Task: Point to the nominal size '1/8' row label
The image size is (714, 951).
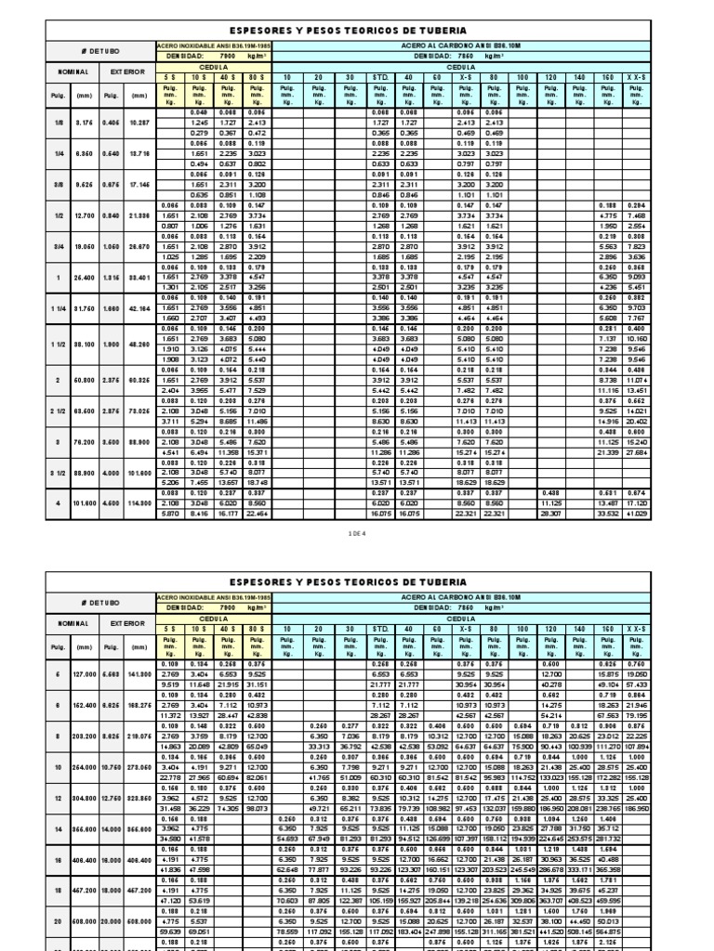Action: (x=59, y=123)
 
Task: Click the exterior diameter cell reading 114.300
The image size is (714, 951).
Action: (x=139, y=502)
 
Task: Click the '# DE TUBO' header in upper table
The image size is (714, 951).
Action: (x=99, y=50)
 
